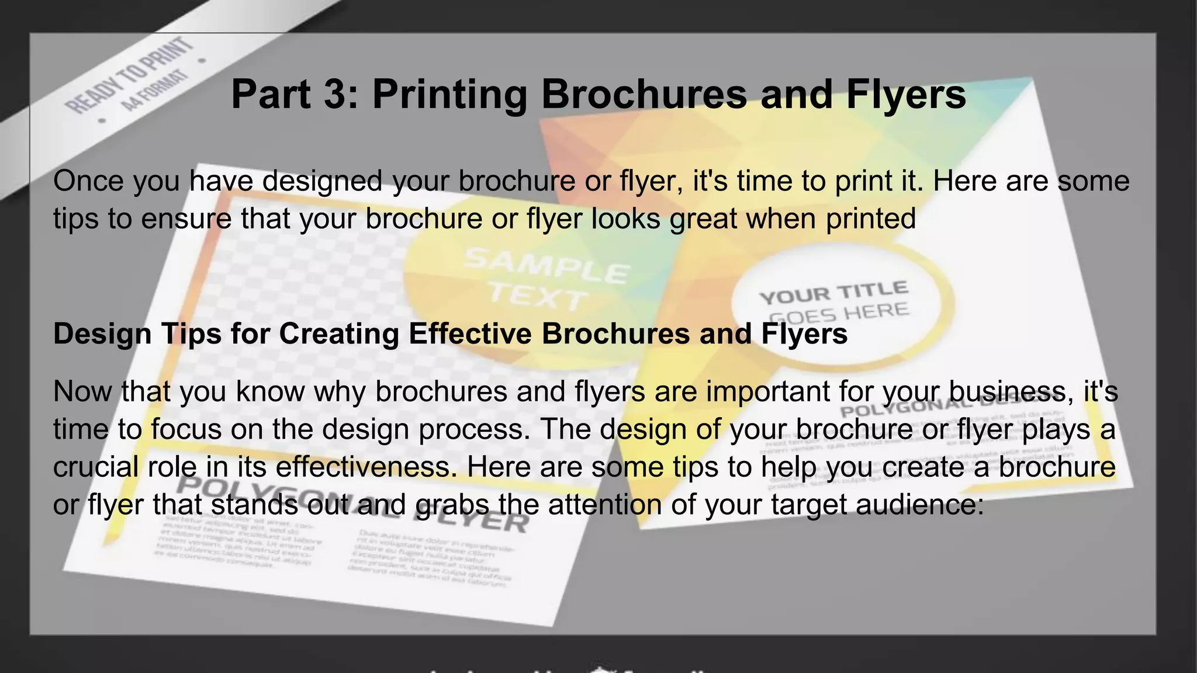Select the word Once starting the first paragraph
[88, 181]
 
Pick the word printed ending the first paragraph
[871, 218]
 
